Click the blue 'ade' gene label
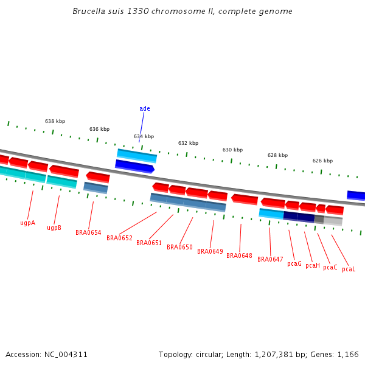(144, 109)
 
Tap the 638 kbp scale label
(55, 121)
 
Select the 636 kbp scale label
(99, 129)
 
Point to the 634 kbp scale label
(144, 136)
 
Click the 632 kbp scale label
(188, 143)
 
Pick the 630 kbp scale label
(232, 150)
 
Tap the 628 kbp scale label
(277, 155)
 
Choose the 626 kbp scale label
(322, 161)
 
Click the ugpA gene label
(27, 223)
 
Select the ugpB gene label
(54, 228)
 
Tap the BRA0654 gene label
(88, 232)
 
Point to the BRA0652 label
(119, 238)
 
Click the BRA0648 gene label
(239, 255)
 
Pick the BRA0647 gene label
(270, 259)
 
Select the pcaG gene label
(294, 263)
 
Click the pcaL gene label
(349, 269)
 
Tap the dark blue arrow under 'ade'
(134, 165)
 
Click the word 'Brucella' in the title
(88, 12)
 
